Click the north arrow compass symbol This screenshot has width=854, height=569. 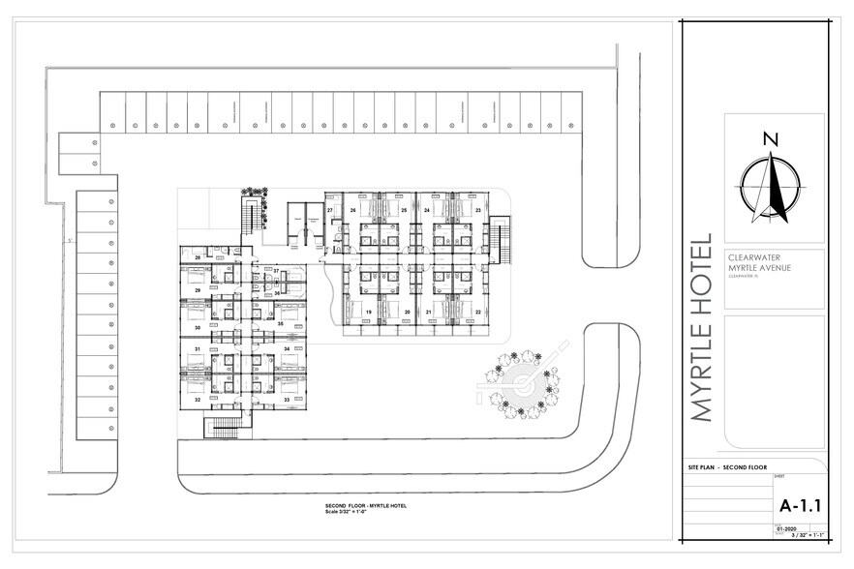click(771, 184)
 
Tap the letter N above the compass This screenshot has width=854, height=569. click(771, 138)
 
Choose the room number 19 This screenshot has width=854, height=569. click(369, 312)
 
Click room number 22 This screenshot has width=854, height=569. click(478, 312)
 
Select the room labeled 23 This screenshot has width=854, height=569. click(478, 209)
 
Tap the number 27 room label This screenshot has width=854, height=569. click(330, 209)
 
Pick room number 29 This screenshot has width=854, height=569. click(197, 290)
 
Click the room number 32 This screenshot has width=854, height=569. click(197, 399)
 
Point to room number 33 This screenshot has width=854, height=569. click(287, 399)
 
